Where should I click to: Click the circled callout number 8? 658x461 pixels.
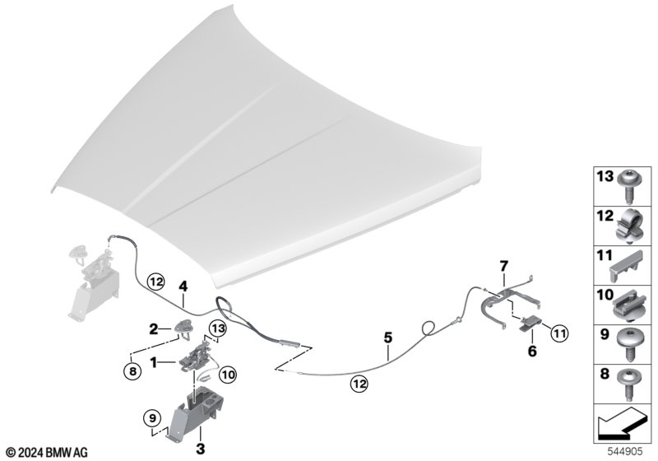(x=132, y=371)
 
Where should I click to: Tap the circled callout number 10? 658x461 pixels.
(x=228, y=375)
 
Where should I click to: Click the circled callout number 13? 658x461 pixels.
(x=218, y=328)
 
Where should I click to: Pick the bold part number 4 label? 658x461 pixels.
(x=183, y=286)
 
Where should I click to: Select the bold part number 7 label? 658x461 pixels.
(x=504, y=266)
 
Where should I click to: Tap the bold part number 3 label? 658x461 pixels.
(x=201, y=449)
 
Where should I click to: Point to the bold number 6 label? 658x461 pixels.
(x=531, y=351)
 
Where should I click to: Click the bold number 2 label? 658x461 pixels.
(x=154, y=328)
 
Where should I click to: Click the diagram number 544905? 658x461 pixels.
(x=625, y=451)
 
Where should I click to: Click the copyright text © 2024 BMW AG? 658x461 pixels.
(x=48, y=452)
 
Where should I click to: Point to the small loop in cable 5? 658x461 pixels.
(x=429, y=328)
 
